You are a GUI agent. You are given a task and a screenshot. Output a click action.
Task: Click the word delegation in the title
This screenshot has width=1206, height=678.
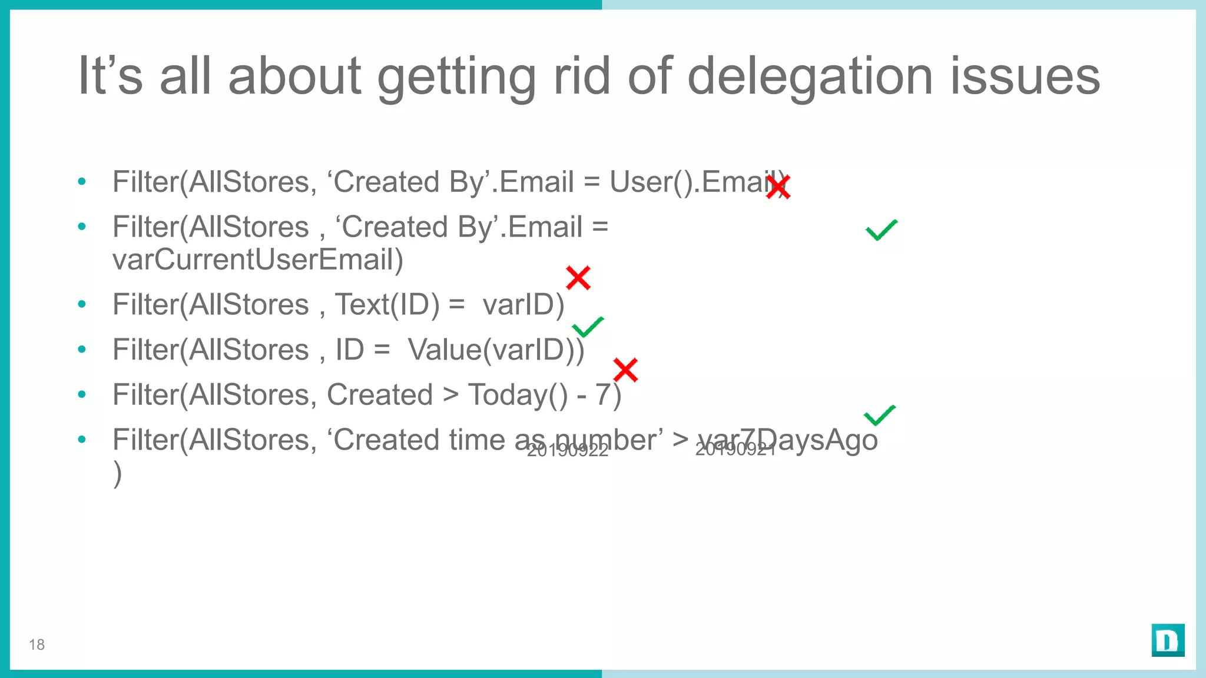click(810, 77)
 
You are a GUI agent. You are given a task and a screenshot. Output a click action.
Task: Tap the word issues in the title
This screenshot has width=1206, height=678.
click(1025, 77)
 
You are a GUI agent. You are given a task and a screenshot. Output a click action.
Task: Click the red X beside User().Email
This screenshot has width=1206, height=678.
click(778, 187)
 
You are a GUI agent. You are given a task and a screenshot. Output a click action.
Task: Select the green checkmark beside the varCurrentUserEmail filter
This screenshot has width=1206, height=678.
click(882, 230)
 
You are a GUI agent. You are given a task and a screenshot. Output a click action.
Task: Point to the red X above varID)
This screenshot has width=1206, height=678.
click(578, 278)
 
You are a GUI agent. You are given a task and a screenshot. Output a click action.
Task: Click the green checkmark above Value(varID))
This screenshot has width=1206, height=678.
click(588, 327)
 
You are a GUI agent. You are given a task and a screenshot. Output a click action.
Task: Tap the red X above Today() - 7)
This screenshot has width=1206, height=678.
click(625, 370)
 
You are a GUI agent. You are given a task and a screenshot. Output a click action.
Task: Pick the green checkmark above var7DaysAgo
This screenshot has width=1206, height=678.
click(880, 416)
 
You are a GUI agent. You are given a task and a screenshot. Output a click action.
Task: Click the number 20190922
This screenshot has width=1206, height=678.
click(567, 451)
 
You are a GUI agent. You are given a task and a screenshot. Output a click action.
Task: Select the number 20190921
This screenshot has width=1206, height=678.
click(735, 450)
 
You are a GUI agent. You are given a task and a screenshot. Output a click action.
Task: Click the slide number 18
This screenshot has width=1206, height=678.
click(37, 645)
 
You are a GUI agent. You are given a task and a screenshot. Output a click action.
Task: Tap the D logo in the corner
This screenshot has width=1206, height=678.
click(1168, 640)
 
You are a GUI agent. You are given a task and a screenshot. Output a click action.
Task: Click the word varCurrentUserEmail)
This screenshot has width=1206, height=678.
click(258, 260)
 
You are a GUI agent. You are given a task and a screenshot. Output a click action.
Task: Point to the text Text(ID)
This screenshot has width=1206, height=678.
click(387, 305)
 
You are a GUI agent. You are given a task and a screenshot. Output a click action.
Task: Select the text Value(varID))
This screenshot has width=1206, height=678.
click(496, 350)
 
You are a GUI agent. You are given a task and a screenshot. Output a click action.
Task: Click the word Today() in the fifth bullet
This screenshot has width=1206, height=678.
click(518, 395)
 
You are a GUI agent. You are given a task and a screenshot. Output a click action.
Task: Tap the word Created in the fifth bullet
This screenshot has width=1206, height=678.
click(380, 395)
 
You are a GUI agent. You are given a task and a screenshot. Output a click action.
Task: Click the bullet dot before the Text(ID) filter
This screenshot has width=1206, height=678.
click(82, 304)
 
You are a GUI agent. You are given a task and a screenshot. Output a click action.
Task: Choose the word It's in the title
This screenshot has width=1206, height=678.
click(110, 77)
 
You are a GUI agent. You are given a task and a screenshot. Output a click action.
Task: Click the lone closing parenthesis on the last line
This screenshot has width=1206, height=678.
click(118, 474)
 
